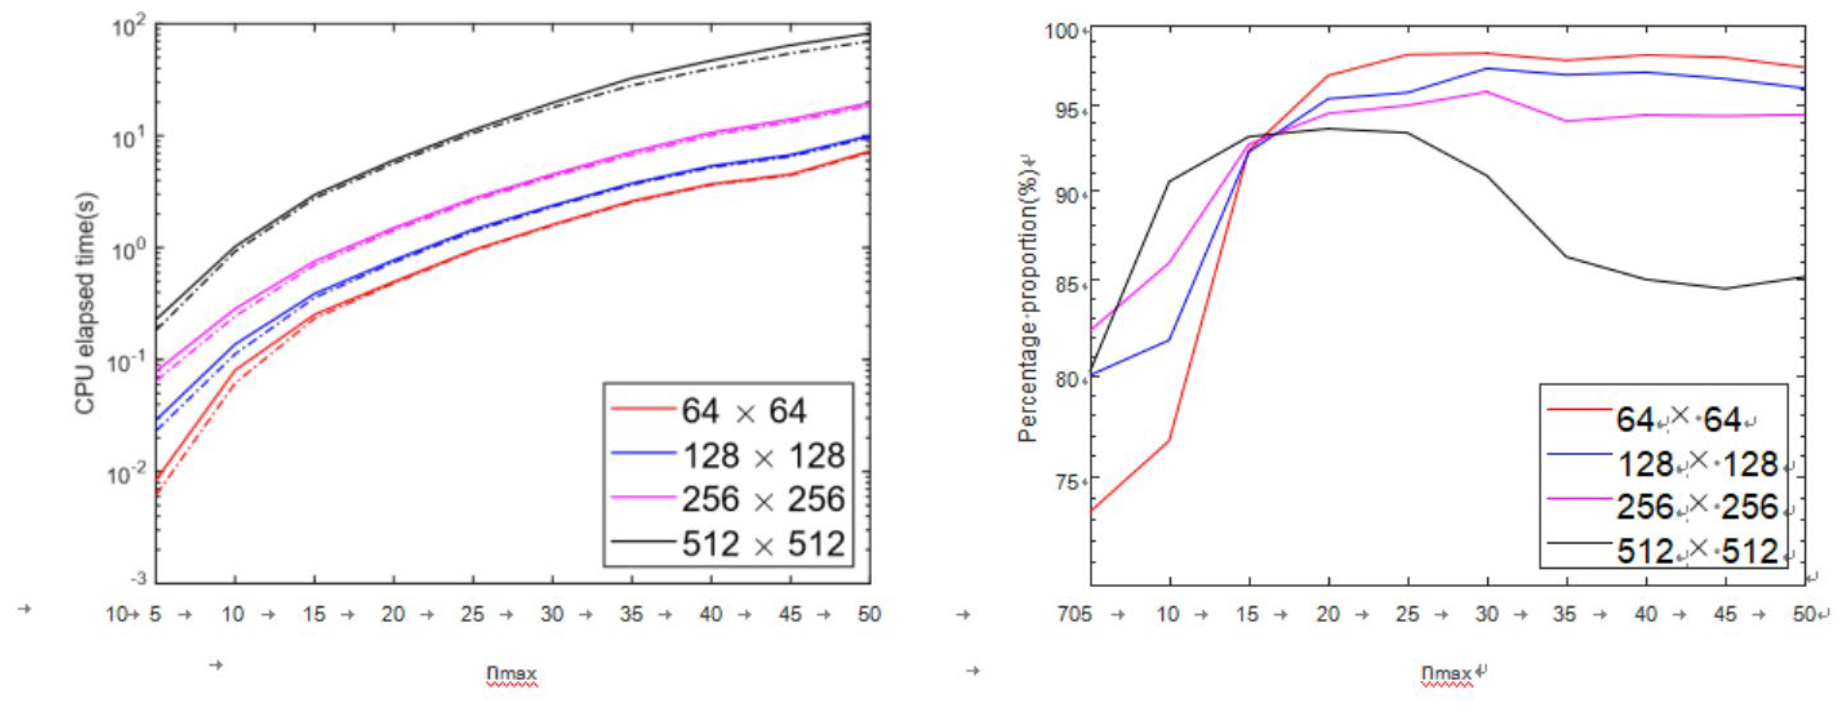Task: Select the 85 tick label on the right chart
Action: (x=1067, y=284)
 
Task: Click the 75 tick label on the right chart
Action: (x=1067, y=481)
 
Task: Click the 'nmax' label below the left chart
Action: (x=511, y=674)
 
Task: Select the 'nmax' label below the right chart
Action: (x=1446, y=674)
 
